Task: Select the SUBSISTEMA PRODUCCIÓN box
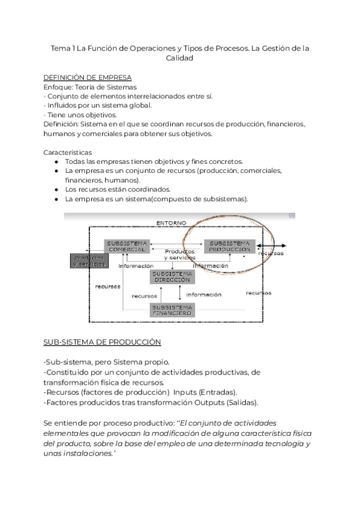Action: pos(230,246)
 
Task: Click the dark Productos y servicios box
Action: pos(89,261)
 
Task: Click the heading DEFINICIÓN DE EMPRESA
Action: pos(88,77)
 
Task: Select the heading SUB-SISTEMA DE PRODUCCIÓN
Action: pos(103,342)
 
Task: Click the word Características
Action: pos(68,152)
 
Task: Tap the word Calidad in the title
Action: pos(179,58)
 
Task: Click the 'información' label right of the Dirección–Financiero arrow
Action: pos(203,295)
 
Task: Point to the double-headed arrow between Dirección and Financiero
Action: pos(179,294)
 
